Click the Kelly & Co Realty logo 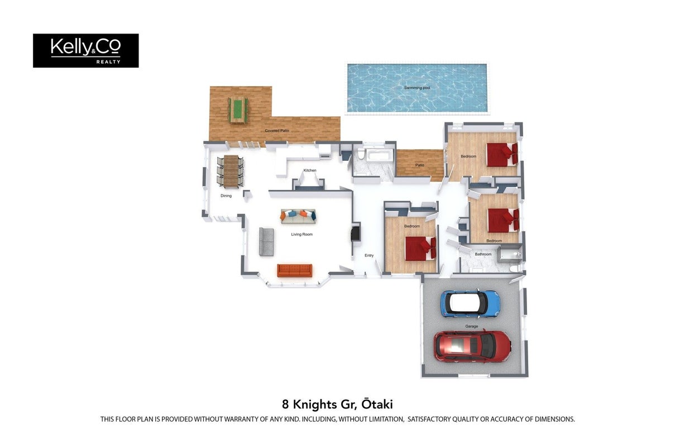(x=86, y=51)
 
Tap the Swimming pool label (x=417, y=88)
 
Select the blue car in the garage (x=471, y=304)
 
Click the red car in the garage (x=472, y=346)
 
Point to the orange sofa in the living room (x=295, y=270)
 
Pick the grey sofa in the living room (x=267, y=242)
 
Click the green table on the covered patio (x=238, y=110)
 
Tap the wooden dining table (x=231, y=171)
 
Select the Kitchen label (x=310, y=170)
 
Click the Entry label (x=369, y=255)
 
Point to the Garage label (x=472, y=326)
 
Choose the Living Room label (x=301, y=234)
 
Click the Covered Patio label (x=277, y=131)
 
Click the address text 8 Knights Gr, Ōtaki (x=337, y=405)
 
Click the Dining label (x=226, y=196)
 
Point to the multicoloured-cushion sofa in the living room (x=298, y=217)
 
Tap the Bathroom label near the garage (x=483, y=254)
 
